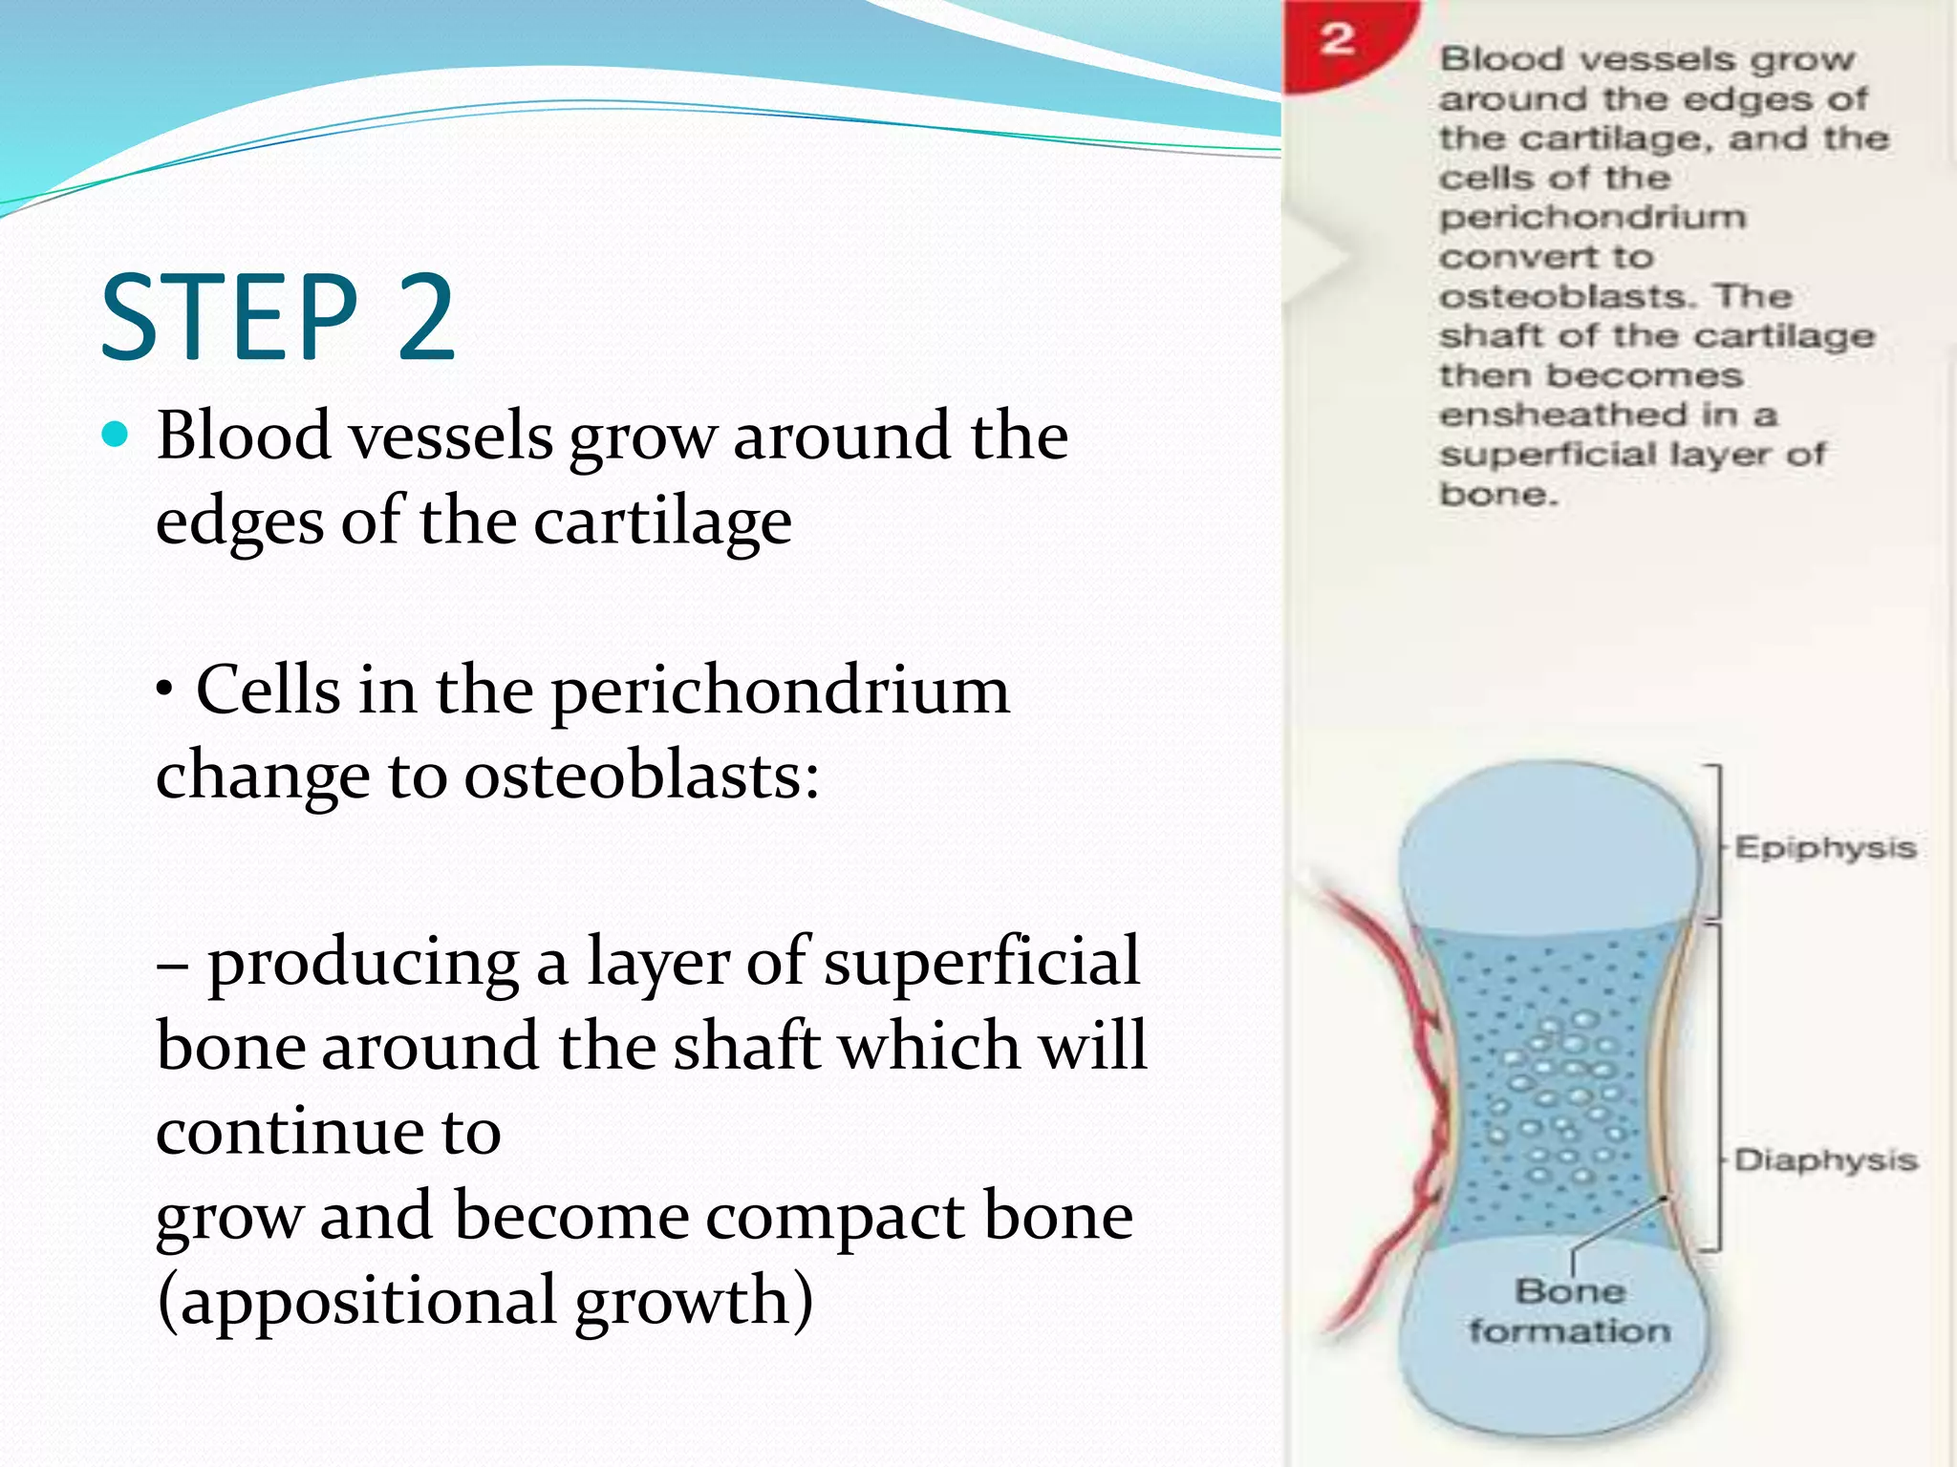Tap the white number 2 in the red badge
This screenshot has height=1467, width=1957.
coord(1338,40)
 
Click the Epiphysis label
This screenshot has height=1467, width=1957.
coord(1825,848)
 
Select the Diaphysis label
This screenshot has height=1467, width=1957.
coord(1825,1160)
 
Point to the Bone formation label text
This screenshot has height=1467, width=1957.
coord(1569,1311)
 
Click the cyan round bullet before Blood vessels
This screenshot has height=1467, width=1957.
coord(115,436)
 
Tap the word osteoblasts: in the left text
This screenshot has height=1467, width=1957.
coord(641,776)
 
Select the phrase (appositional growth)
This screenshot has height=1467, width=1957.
coord(484,1301)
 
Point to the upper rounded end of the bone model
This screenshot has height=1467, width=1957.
coord(1550,840)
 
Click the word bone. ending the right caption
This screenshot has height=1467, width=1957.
coord(1498,495)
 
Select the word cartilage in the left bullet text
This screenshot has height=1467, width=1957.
coord(662,522)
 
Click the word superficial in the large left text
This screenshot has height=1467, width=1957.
coord(981,962)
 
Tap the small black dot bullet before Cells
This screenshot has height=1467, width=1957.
coord(166,689)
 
